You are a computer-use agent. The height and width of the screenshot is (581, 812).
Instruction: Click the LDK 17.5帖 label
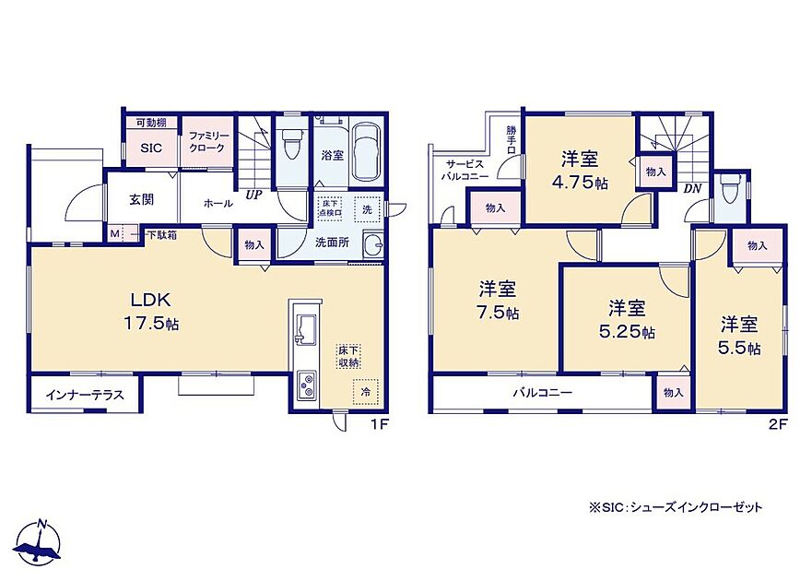[151, 312]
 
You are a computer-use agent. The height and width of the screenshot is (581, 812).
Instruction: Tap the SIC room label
[151, 148]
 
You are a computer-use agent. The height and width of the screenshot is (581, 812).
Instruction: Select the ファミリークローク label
[206, 142]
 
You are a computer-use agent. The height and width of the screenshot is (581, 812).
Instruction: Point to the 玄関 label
[141, 199]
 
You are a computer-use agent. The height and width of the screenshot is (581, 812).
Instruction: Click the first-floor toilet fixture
[290, 143]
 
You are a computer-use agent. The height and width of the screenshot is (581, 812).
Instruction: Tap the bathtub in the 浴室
[367, 150]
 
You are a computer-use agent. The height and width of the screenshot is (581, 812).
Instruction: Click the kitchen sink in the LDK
[304, 329]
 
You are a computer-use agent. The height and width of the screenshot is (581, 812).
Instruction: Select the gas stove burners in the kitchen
[306, 385]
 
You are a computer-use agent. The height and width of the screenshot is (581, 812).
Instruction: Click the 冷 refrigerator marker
[366, 392]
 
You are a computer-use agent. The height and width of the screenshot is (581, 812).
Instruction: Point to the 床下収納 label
[349, 357]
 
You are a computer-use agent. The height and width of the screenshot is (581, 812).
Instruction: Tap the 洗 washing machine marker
[367, 209]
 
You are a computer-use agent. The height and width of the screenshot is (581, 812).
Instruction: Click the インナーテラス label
[85, 395]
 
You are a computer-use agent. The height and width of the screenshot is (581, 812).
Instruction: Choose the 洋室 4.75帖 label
[580, 171]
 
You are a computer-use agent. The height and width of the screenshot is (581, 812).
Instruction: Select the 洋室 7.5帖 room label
[498, 300]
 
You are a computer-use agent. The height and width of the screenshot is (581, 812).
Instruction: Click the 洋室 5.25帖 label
[627, 319]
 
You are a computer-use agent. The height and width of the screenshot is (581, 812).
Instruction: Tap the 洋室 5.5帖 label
[739, 336]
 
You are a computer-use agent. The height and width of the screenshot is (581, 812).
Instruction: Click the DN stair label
[692, 189]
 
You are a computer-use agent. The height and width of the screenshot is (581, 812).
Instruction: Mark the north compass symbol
[39, 541]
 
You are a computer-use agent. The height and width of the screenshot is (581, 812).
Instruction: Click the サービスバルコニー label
[465, 170]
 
